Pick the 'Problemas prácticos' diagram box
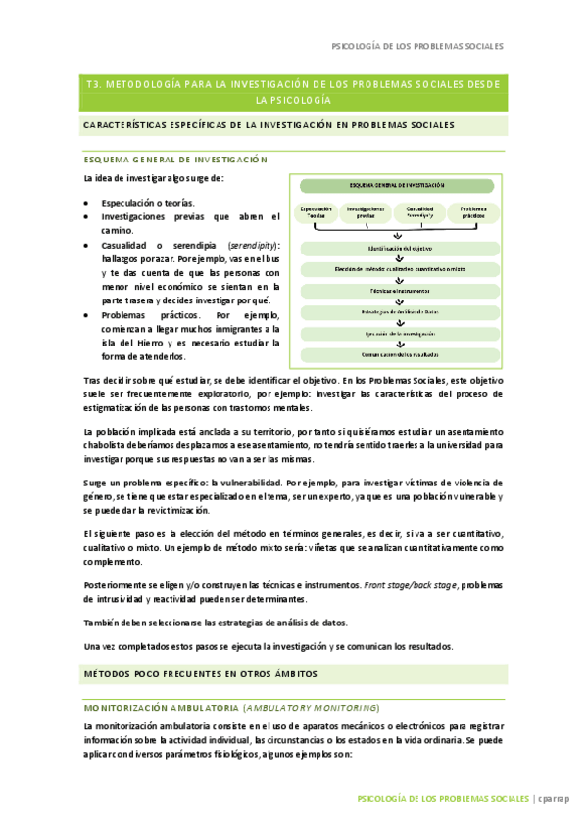point(472,212)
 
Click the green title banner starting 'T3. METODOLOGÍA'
point(293,92)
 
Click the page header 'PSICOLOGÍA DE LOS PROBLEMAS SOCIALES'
point(418,45)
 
